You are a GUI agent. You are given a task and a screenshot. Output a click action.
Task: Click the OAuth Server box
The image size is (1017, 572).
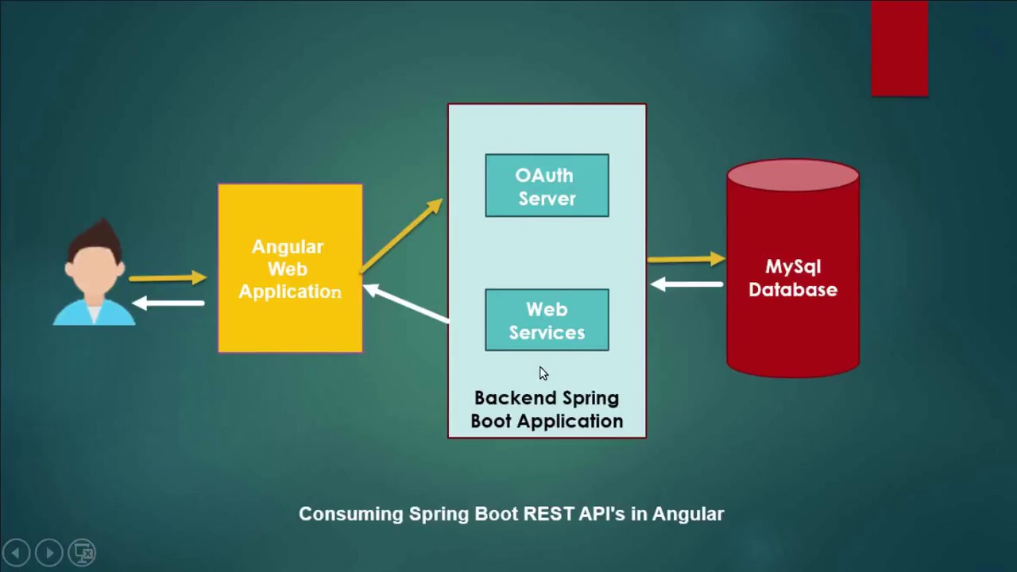tap(547, 186)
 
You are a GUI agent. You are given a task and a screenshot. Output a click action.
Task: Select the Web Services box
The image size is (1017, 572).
tap(547, 320)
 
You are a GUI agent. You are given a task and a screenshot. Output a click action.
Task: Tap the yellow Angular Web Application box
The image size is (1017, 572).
tap(290, 269)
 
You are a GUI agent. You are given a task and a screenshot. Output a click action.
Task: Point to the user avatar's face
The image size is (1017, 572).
tap(94, 271)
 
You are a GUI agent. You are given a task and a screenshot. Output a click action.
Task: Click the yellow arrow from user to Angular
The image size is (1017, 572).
tap(168, 278)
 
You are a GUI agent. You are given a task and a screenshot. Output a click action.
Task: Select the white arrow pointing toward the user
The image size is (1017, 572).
tap(168, 303)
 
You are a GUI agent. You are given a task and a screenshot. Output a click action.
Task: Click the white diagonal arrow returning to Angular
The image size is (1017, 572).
tap(406, 303)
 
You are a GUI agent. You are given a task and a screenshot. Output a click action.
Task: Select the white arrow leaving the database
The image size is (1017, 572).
tap(686, 284)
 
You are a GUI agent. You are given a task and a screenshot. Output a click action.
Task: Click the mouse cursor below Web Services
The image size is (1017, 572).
tap(543, 373)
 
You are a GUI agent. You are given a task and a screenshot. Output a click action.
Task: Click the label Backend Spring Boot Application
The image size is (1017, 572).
tap(547, 410)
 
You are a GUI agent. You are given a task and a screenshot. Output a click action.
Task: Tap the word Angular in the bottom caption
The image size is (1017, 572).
tap(688, 514)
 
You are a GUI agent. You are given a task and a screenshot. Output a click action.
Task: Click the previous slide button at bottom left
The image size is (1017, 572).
tap(17, 552)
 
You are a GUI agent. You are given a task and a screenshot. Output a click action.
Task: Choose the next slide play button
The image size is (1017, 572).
tap(49, 552)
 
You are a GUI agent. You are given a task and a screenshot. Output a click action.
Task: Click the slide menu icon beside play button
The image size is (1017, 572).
tap(83, 552)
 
